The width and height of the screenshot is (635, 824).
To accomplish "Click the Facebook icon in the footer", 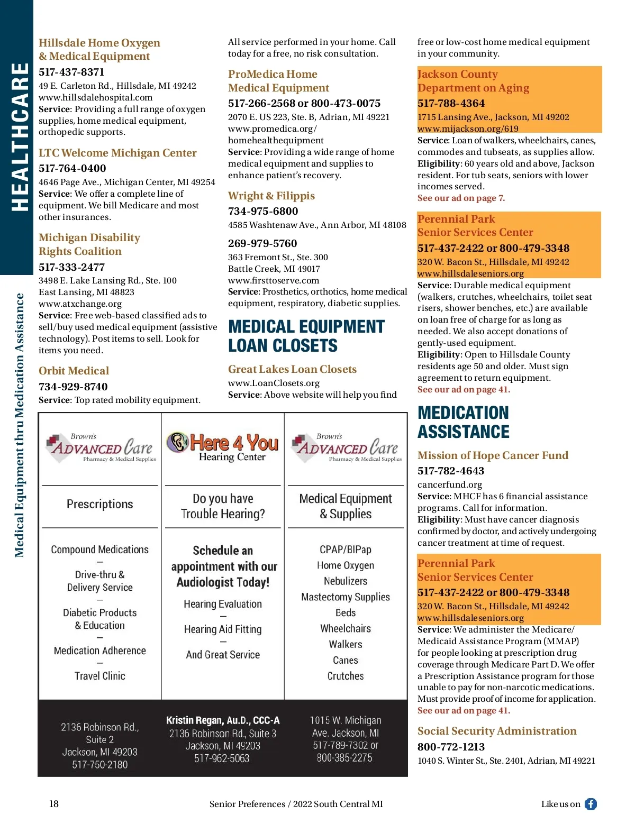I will (x=591, y=804).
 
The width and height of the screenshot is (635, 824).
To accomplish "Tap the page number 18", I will (x=54, y=804).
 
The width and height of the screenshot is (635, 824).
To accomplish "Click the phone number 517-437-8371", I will (x=71, y=72).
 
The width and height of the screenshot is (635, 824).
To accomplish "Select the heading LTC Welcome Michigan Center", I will (x=117, y=153).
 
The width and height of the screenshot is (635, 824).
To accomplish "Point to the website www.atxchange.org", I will (x=80, y=304).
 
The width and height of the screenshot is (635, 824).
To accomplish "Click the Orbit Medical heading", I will (x=74, y=371).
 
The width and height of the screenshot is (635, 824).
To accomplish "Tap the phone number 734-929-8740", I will (x=73, y=387).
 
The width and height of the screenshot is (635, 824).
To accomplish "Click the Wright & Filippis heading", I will (x=271, y=196).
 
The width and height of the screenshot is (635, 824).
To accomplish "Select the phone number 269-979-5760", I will (x=262, y=243).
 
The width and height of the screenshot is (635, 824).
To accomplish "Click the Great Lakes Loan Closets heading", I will (x=292, y=369).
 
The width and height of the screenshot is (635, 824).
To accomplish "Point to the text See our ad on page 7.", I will (x=461, y=198).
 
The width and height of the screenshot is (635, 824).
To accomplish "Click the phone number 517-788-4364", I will (x=451, y=103).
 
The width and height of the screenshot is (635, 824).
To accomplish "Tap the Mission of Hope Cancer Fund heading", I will (x=493, y=455).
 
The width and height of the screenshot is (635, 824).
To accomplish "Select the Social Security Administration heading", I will (x=497, y=731).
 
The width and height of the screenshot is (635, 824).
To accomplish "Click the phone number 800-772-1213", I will (x=451, y=747).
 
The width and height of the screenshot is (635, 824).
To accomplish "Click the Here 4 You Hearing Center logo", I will (x=223, y=447).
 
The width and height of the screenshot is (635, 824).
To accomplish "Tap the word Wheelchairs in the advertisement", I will (x=346, y=628).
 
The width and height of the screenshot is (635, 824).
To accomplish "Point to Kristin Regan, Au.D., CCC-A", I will (x=223, y=720).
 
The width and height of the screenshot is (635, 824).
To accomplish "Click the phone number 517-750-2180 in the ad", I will (x=100, y=764).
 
